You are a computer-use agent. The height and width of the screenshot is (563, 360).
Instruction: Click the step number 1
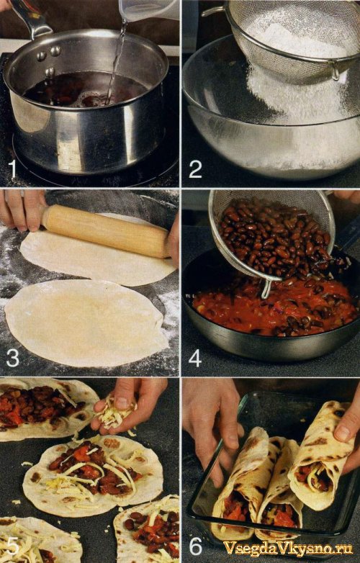click(13, 169)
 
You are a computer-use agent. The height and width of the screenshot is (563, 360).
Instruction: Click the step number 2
click(195, 169)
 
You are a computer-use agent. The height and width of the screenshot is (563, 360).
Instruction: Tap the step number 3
click(12, 358)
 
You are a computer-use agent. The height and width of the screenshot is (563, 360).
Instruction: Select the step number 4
click(195, 358)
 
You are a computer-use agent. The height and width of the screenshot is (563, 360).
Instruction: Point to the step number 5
click(12, 546)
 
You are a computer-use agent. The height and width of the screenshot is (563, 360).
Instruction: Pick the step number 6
click(196, 546)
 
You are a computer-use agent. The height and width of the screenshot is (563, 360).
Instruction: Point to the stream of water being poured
click(116, 62)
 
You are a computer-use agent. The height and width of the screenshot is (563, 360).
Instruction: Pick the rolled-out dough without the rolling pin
click(86, 323)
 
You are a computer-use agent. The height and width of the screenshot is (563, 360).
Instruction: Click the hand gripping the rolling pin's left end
click(22, 210)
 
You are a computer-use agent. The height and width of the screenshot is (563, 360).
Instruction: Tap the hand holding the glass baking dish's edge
click(212, 427)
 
